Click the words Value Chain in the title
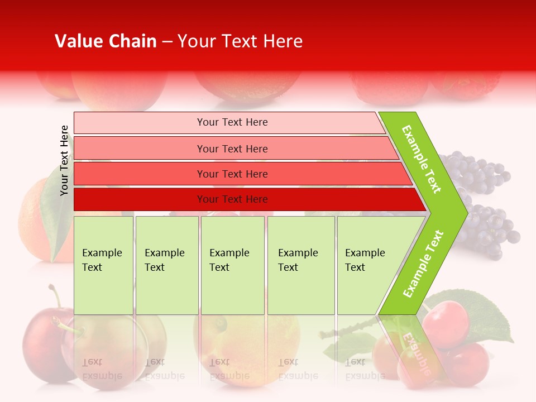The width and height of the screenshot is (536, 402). pos(106,41)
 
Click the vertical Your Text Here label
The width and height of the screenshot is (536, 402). pos(64,160)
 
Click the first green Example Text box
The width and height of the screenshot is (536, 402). pos(103,265)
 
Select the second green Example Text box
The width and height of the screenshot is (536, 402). pos(166,265)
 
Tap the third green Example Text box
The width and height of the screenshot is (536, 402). pos(232,265)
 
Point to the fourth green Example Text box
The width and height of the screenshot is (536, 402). pos(300,265)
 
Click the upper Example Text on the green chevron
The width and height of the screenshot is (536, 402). pos(422,159)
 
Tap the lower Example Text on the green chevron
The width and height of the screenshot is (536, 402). pos(423,264)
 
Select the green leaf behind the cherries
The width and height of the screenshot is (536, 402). pos(486,313)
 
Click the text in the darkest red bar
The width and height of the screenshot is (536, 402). pos(232,199)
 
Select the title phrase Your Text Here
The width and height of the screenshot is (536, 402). pos(240,41)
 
